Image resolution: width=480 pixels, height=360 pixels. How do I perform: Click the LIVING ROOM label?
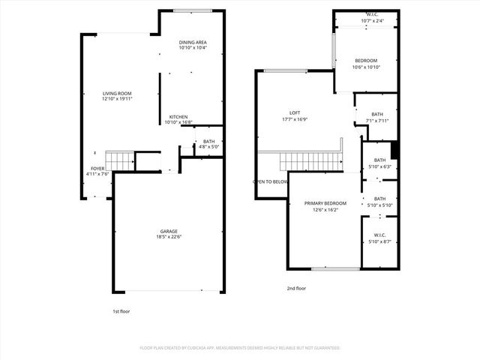pyautogui.click(x=118, y=94)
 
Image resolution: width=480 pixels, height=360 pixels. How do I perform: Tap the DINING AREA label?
pyautogui.click(x=192, y=42)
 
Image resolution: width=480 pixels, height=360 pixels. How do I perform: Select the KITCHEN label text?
pyautogui.click(x=178, y=117)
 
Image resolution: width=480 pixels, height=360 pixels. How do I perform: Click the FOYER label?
pyautogui.click(x=97, y=169)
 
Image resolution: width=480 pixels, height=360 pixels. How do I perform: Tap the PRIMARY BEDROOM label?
pyautogui.click(x=325, y=203)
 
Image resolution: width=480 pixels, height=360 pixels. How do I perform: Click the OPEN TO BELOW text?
pyautogui.click(x=270, y=181)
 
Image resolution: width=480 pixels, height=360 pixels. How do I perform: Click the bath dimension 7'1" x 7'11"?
pyautogui.click(x=376, y=120)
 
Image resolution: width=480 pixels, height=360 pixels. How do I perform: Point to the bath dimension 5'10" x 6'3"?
pyautogui.click(x=379, y=166)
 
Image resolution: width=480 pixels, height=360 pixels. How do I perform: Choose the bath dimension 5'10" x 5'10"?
pyautogui.click(x=379, y=205)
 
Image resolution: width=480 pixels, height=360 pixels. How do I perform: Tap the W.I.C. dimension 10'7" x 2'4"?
pyautogui.click(x=373, y=20)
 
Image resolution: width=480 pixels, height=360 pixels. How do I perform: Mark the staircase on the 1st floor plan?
pyautogui.click(x=118, y=160)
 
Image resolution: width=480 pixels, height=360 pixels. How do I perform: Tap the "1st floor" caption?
pyautogui.click(x=121, y=310)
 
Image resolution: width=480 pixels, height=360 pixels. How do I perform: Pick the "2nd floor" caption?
pyautogui.click(x=296, y=287)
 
